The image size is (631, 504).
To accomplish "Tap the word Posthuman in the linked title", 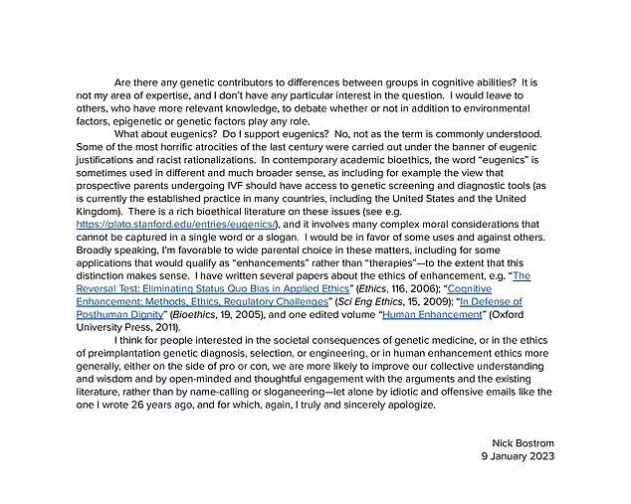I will click(x=113, y=315).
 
